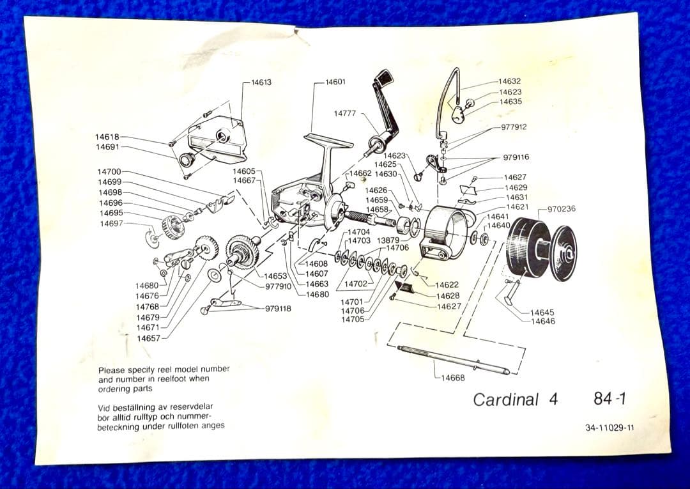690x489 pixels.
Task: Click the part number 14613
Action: click(261, 82)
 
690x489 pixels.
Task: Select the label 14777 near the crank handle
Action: click(344, 113)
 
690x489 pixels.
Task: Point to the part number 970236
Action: click(561, 208)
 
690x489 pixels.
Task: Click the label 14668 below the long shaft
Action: click(453, 377)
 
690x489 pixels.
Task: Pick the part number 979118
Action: click(278, 309)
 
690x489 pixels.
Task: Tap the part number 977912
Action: click(514, 127)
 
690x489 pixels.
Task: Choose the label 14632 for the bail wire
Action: click(509, 81)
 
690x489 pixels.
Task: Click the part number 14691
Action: click(107, 147)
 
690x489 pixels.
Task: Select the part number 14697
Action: click(112, 223)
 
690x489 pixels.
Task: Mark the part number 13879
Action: click(388, 240)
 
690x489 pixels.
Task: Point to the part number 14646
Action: click(542, 321)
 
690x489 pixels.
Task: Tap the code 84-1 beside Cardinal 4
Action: click(609, 398)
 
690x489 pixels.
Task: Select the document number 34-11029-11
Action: click(609, 428)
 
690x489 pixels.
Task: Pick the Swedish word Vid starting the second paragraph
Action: click(105, 407)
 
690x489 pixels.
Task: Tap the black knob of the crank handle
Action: click(383, 81)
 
